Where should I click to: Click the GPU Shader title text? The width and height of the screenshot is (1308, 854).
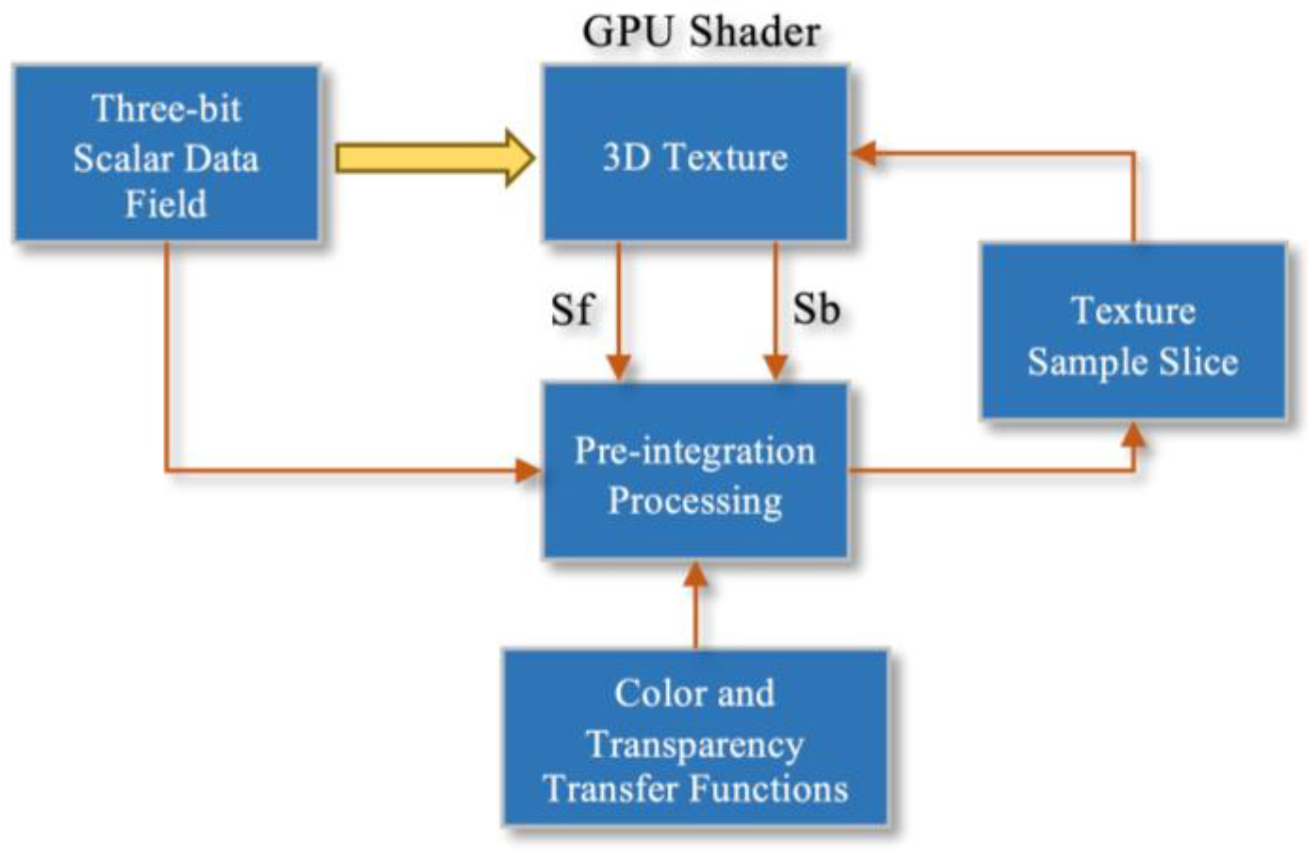coord(700,31)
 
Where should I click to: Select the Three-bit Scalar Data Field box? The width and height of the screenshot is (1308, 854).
coord(166,153)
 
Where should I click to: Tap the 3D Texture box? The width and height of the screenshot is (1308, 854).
coord(695,153)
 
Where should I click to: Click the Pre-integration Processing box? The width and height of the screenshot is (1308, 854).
coord(695,470)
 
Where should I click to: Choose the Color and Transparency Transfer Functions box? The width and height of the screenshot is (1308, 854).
coord(695,737)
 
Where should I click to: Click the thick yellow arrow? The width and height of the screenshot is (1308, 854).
coord(434,158)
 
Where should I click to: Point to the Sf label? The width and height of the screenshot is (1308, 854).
coord(571,309)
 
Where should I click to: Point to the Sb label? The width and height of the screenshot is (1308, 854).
coord(816,309)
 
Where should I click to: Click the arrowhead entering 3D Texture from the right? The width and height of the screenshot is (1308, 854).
coord(864,153)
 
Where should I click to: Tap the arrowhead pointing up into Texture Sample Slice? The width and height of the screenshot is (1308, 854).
coord(1133,435)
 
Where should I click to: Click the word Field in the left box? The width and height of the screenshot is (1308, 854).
coord(166,204)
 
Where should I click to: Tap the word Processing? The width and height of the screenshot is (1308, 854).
coord(695,501)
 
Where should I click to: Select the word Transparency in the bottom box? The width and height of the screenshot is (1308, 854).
coord(695,745)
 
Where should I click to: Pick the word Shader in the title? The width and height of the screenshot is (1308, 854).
coord(754,31)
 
